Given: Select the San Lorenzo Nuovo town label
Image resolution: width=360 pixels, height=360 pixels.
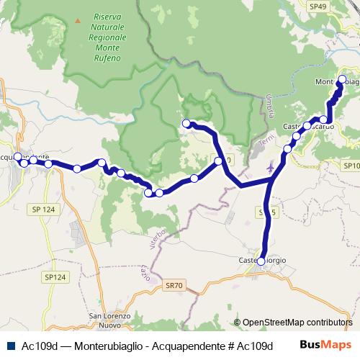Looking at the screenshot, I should pos(109,320).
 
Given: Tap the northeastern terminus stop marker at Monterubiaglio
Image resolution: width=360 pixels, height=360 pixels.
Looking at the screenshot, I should pos(342,79).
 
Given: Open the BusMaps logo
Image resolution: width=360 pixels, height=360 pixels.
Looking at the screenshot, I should pos(328,344).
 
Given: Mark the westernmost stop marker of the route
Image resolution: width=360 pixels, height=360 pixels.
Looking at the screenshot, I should pos(18,156).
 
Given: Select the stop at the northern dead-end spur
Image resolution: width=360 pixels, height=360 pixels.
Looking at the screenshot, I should pos(186,123).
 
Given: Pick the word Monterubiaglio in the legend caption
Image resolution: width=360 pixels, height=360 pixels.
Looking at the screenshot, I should pos(106,344).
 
